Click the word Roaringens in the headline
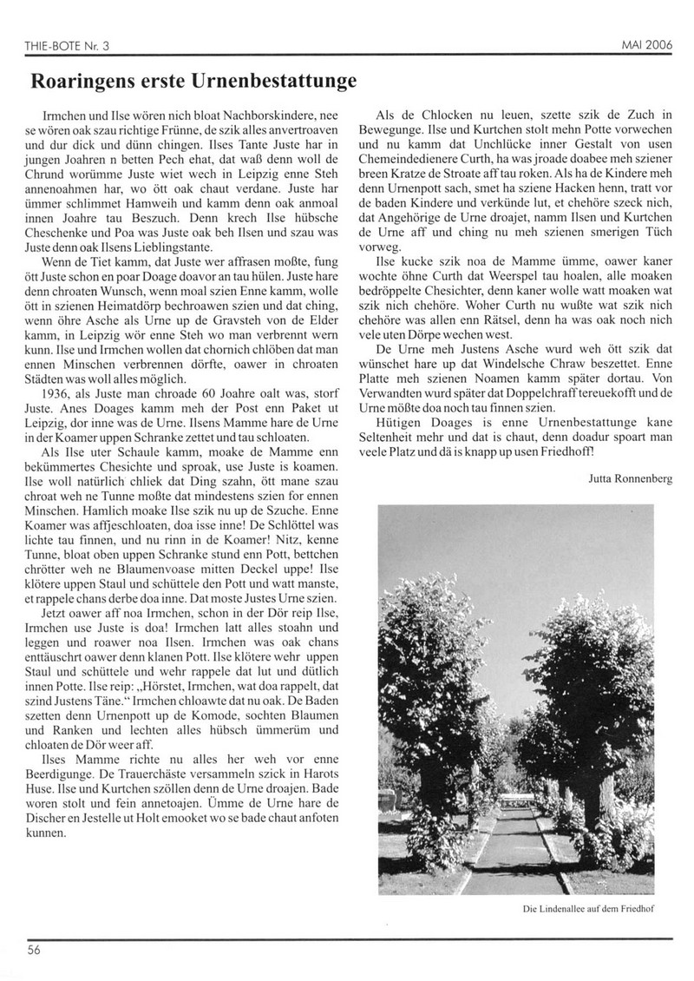tap(86, 82)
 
